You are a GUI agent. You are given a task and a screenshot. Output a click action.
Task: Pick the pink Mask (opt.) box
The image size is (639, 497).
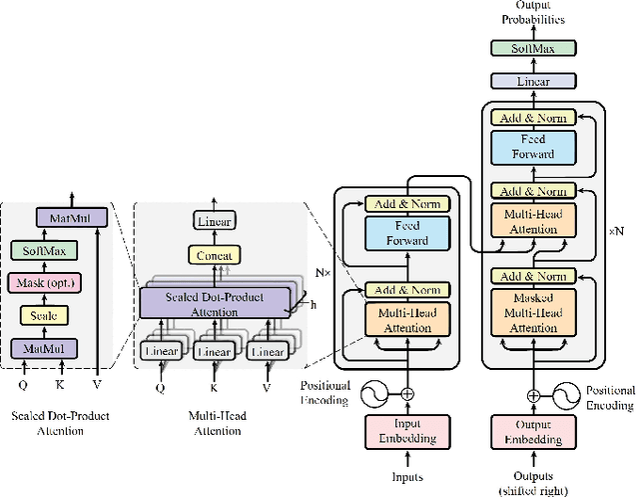(42, 282)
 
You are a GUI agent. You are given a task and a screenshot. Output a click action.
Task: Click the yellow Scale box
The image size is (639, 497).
(42, 315)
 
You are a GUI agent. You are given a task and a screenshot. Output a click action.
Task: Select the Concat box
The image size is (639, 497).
(215, 255)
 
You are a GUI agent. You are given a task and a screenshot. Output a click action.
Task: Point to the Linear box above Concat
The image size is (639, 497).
(215, 221)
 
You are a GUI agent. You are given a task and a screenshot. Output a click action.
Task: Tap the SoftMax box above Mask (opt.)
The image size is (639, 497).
(42, 250)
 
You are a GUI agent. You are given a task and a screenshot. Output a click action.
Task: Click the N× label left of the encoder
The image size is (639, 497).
(320, 271)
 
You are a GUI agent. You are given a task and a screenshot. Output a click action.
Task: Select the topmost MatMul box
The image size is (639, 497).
(64, 217)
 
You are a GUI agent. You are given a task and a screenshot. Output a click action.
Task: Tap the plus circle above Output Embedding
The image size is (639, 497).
(534, 394)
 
